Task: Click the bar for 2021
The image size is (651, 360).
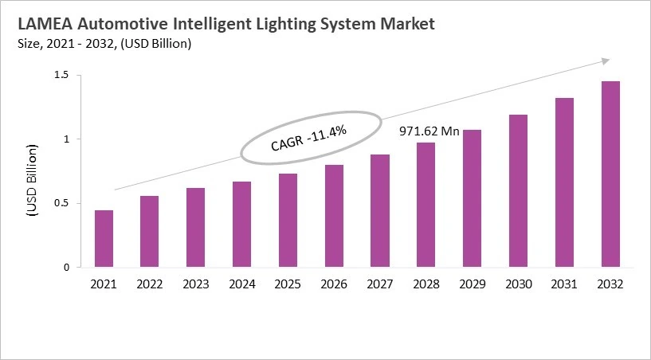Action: click(x=104, y=239)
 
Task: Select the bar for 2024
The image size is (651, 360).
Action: click(x=241, y=225)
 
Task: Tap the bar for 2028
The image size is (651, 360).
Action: click(x=426, y=205)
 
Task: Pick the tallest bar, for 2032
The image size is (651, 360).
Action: click(x=610, y=174)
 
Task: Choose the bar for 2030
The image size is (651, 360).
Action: click(x=518, y=191)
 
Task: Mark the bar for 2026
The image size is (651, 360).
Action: click(x=334, y=216)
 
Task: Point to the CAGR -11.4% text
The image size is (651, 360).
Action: click(x=308, y=139)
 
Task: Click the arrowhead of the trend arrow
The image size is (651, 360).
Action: click(x=606, y=61)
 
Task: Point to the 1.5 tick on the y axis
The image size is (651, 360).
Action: click(x=62, y=75)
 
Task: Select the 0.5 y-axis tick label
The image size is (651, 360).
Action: click(x=62, y=203)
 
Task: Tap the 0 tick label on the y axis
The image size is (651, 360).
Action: click(x=66, y=268)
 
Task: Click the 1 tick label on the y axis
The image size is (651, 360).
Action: click(x=66, y=139)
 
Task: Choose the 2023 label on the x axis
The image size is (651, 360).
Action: click(x=196, y=284)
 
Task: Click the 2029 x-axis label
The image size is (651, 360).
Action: click(x=473, y=284)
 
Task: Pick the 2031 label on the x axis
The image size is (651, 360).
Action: click(x=564, y=284)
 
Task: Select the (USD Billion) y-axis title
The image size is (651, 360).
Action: click(x=32, y=180)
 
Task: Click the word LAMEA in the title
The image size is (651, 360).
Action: click(x=44, y=25)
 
